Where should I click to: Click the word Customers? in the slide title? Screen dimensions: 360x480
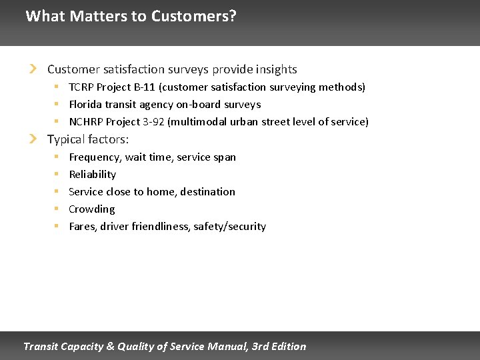tap(193, 16)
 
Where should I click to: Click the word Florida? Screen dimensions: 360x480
tap(85, 105)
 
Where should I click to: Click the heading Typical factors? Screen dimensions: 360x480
tap(88, 139)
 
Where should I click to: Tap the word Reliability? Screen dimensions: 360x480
tap(93, 175)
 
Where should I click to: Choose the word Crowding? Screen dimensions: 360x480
tap(92, 209)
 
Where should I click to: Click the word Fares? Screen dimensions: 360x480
tap(83, 227)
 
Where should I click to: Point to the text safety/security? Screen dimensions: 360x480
tap(229, 227)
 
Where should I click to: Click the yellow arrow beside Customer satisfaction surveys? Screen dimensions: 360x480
tap(34, 69)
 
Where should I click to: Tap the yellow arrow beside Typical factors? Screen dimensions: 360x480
tap(34, 139)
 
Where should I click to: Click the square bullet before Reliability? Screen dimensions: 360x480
tap(57, 175)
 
